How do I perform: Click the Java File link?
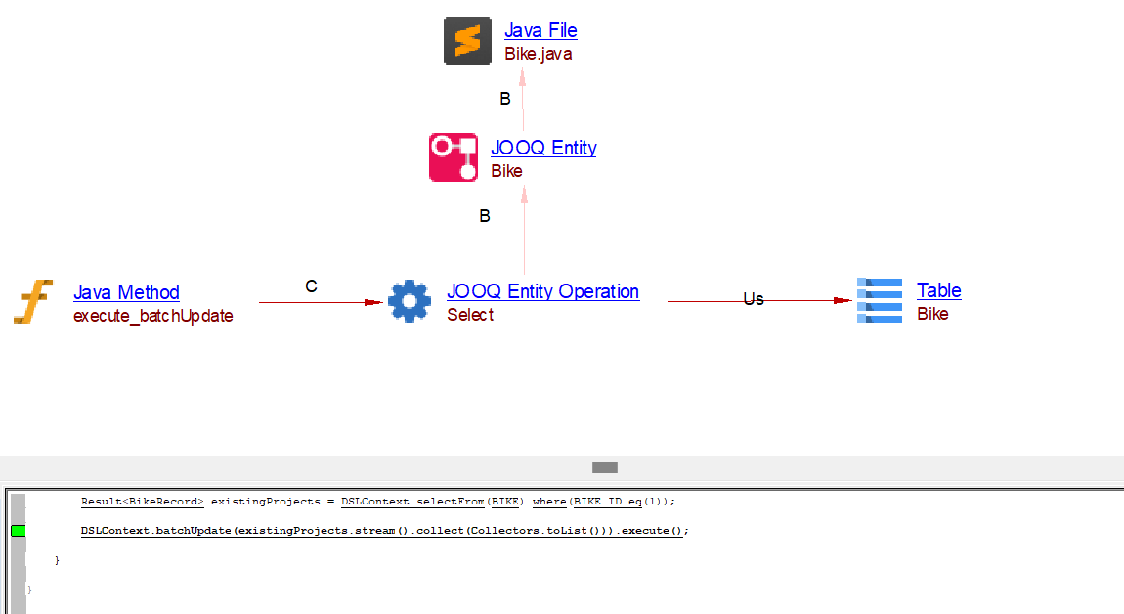click(x=540, y=30)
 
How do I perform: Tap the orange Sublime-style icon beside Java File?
click(x=467, y=41)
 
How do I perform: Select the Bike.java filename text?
click(x=538, y=54)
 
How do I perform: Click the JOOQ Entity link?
click(x=543, y=148)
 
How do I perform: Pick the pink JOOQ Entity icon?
click(x=454, y=157)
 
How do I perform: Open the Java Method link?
click(x=126, y=292)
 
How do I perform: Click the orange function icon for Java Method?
click(x=32, y=301)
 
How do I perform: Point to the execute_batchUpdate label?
click(x=152, y=316)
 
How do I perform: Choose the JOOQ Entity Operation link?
click(x=542, y=291)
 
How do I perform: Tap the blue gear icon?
click(x=409, y=301)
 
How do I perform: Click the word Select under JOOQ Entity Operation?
click(x=470, y=315)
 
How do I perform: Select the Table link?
click(x=938, y=290)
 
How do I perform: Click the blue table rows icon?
click(x=879, y=300)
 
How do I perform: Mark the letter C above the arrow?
click(x=311, y=286)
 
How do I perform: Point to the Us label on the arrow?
click(x=753, y=299)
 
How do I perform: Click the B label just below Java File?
click(x=505, y=99)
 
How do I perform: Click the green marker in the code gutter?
click(x=18, y=531)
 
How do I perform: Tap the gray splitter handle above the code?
click(x=605, y=468)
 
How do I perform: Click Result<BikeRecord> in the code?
click(x=142, y=501)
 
